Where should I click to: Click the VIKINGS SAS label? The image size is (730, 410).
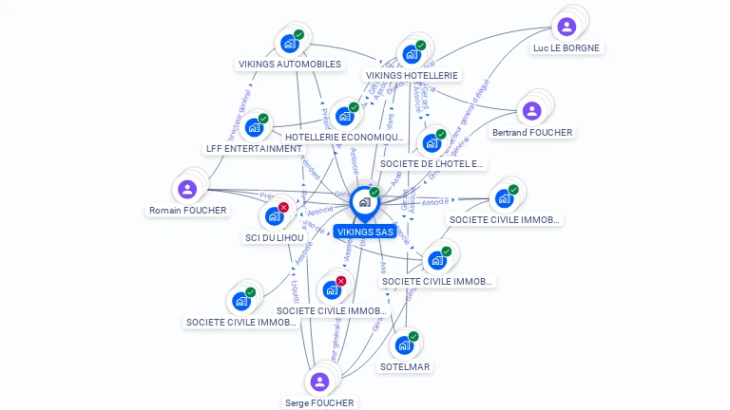click(x=364, y=231)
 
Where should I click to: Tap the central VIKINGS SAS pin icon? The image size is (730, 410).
click(x=364, y=202)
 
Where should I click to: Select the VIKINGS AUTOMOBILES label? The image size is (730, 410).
click(x=289, y=65)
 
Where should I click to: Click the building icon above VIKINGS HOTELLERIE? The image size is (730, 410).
click(x=411, y=54)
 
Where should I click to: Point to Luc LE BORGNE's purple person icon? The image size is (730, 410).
click(x=567, y=27)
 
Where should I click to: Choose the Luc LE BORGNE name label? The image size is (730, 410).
click(x=567, y=47)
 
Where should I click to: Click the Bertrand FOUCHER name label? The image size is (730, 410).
click(x=532, y=133)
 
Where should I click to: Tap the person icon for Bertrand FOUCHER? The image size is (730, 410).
click(x=532, y=111)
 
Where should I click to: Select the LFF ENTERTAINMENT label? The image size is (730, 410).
click(x=254, y=149)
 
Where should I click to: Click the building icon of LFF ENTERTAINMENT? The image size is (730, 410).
click(x=254, y=127)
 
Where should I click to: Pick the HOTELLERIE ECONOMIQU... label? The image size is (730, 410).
click(x=338, y=138)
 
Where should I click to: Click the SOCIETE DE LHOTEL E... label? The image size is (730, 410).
click(x=432, y=164)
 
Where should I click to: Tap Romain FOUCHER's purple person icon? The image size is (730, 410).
click(x=187, y=189)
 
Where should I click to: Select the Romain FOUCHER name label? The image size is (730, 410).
click(x=187, y=211)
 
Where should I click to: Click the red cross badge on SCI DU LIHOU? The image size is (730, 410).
click(x=283, y=207)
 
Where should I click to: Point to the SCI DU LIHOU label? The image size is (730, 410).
click(x=274, y=237)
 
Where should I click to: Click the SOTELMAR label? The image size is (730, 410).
click(x=405, y=366)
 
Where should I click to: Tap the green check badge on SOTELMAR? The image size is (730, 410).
click(x=413, y=336)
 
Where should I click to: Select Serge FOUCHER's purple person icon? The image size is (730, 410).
click(x=319, y=382)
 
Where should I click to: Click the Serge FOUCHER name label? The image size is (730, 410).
click(x=319, y=403)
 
